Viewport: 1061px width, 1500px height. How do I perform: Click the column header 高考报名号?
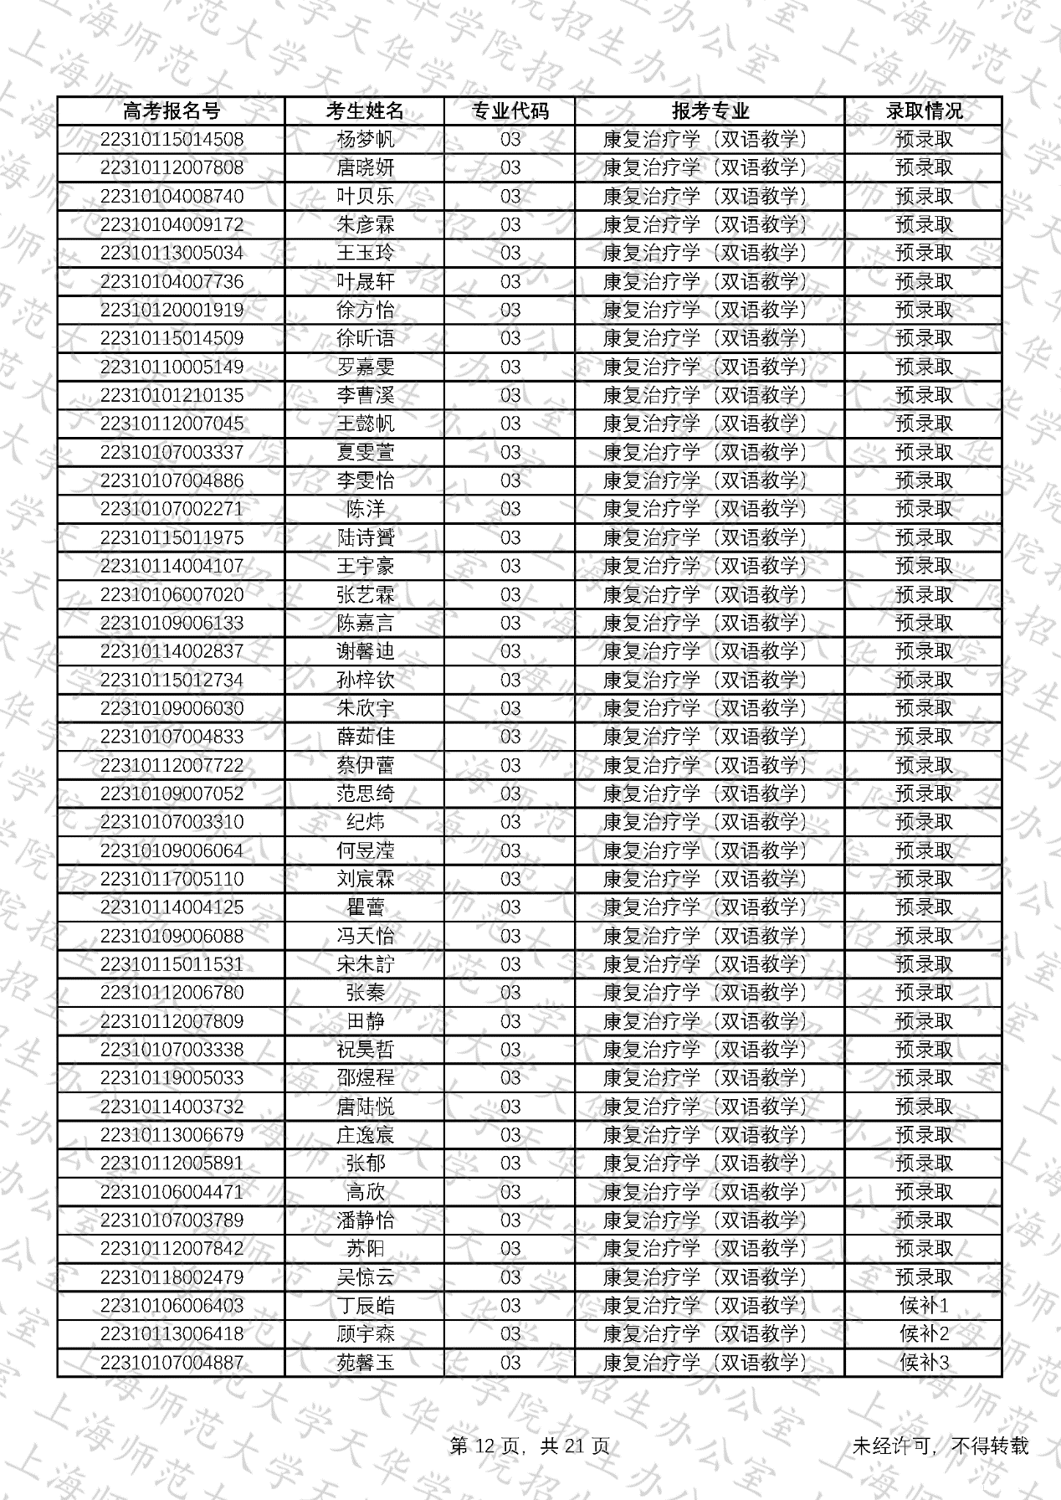pyautogui.click(x=172, y=110)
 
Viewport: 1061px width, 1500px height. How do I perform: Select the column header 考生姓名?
pyautogui.click(x=365, y=110)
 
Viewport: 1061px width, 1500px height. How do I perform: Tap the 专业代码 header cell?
pyautogui.click(x=510, y=110)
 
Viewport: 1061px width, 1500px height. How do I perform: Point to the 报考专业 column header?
pyautogui.click(x=710, y=110)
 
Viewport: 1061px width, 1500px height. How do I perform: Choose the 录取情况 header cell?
pyautogui.click(x=924, y=110)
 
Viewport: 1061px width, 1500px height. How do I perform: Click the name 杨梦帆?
pyautogui.click(x=365, y=139)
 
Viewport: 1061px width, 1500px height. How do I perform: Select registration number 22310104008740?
pyautogui.click(x=172, y=196)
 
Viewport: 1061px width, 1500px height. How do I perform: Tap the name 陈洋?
pyautogui.click(x=365, y=509)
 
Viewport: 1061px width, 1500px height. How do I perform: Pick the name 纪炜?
pyautogui.click(x=365, y=822)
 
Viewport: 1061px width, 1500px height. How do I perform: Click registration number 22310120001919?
pyautogui.click(x=172, y=310)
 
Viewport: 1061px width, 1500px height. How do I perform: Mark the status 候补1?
pyautogui.click(x=924, y=1306)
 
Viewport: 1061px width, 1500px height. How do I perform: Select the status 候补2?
pyautogui.click(x=924, y=1334)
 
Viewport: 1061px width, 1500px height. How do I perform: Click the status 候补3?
pyautogui.click(x=924, y=1363)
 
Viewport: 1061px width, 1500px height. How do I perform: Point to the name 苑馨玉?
pyautogui.click(x=365, y=1363)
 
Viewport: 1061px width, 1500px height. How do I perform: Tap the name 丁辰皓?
pyautogui.click(x=365, y=1306)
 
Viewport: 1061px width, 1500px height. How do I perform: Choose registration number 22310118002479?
pyautogui.click(x=172, y=1277)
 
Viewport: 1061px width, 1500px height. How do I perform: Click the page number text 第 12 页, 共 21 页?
pyautogui.click(x=530, y=1446)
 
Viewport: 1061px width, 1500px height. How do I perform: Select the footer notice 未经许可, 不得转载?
pyautogui.click(x=940, y=1446)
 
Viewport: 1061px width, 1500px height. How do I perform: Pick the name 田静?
pyautogui.click(x=365, y=1021)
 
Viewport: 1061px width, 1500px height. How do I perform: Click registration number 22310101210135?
pyautogui.click(x=172, y=395)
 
